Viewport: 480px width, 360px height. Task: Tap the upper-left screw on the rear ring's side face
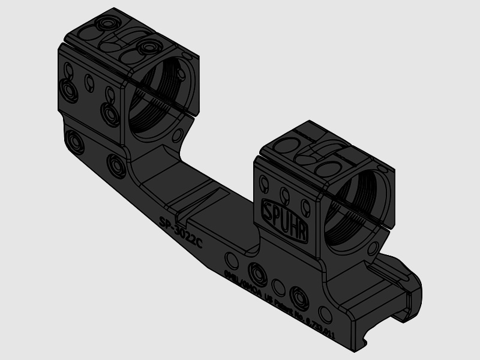68,90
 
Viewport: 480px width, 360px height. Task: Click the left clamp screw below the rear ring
76,142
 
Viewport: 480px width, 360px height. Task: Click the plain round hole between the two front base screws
278,285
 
